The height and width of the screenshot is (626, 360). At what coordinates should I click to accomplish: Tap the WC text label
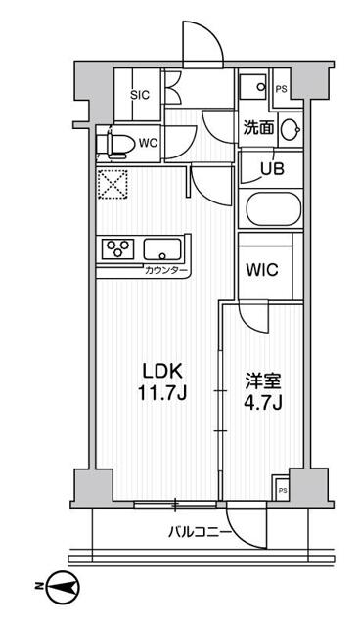tap(148, 143)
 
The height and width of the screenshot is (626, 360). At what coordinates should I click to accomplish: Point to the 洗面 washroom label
tap(258, 126)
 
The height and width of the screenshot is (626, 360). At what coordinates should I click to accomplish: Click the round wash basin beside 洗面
tap(290, 128)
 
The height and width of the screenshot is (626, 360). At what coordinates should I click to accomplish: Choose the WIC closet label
tap(262, 269)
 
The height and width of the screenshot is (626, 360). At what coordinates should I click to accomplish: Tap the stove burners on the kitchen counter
tap(117, 248)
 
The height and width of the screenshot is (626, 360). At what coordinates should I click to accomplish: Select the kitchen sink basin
tap(162, 248)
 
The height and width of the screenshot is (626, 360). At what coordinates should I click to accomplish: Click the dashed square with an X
tap(112, 183)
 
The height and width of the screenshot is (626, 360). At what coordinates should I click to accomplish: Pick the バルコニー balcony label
tap(200, 533)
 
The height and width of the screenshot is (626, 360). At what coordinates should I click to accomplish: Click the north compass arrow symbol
tap(63, 587)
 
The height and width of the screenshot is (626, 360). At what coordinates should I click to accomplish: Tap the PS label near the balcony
tap(283, 490)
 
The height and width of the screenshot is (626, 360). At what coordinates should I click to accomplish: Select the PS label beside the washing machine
tap(282, 89)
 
